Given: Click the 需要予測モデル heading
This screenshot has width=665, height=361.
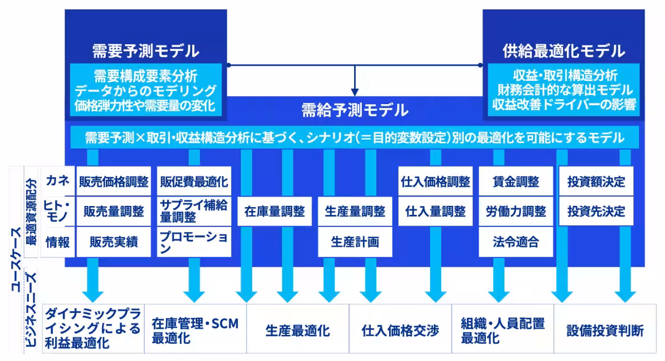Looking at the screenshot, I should (146, 51).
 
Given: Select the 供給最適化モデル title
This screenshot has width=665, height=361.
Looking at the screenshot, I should (563, 51).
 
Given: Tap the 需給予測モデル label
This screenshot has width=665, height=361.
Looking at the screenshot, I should (355, 109).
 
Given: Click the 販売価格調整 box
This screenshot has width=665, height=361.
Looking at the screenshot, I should (114, 182).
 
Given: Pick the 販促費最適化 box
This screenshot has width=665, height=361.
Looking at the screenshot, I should (193, 182).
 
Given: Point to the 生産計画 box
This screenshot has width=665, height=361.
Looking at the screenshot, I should (355, 241).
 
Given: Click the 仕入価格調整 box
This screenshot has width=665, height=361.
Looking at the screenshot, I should (434, 182).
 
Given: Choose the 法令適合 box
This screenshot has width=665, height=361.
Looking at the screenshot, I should (515, 241).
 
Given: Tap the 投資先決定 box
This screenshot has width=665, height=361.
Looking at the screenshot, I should (596, 211).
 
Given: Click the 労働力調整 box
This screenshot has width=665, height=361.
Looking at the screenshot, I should (515, 211).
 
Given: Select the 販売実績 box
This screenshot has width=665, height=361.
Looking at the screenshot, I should (114, 241).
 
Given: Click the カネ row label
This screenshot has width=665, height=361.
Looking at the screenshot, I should (57, 181).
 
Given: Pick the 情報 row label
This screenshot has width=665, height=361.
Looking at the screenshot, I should (57, 241).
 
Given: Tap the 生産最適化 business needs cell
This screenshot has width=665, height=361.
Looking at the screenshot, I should (298, 331).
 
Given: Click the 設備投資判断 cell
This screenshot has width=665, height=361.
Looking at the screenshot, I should (605, 331).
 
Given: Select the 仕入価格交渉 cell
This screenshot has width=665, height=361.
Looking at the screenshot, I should (400, 331).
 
